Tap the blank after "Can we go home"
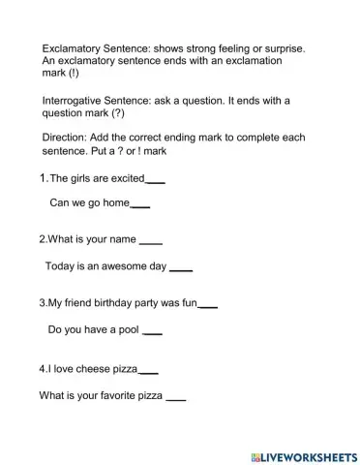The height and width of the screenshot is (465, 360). coord(139,205)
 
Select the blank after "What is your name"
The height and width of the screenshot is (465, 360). coord(151,241)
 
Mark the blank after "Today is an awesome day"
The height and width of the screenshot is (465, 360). coord(181,267)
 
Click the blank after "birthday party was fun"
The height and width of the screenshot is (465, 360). coord(207,306)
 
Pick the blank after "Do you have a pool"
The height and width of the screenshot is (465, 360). coord(151,332)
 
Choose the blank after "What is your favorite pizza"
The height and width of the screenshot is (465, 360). coord(174,397)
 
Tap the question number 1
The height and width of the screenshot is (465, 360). coord(43,178)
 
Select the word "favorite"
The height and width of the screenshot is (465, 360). coord(112,395)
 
